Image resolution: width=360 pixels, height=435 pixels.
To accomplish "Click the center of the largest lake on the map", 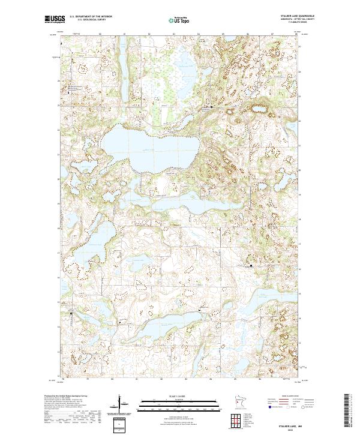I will click(x=147, y=148).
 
